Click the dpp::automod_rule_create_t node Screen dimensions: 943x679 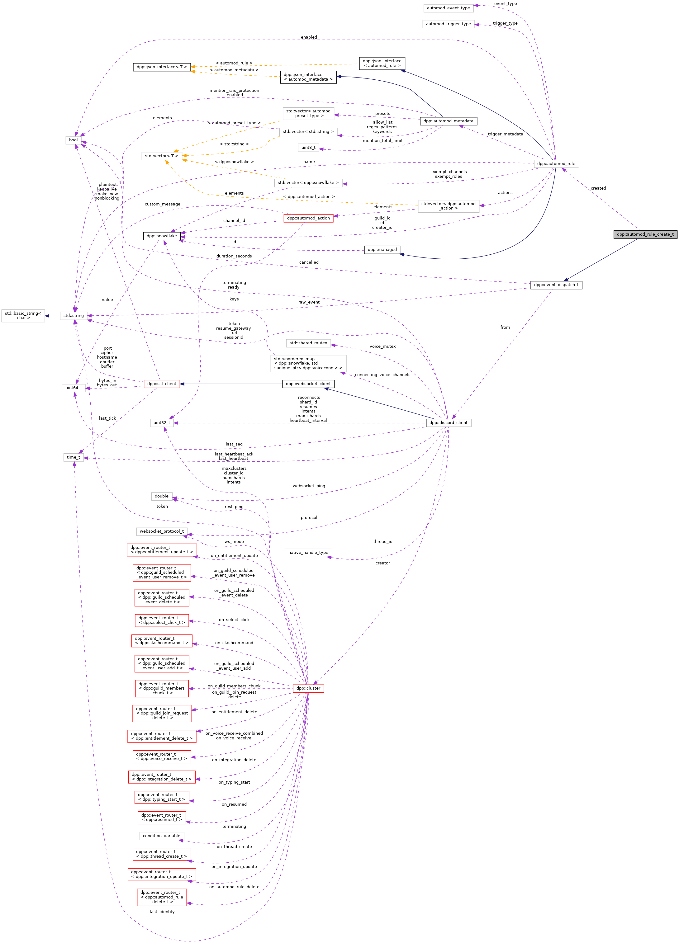pyautogui.click(x=645, y=234)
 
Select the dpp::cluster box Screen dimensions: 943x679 pyautogui.click(x=308, y=688)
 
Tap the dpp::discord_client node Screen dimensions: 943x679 pyautogui.click(x=448, y=422)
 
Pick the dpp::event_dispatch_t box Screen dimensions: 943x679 pyautogui.click(x=556, y=285)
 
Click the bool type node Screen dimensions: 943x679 pyautogui.click(x=73, y=140)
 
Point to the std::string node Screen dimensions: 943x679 pyautogui.click(x=73, y=316)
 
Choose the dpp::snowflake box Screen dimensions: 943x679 pyautogui.click(x=161, y=236)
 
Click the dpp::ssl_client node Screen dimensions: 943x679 pyautogui.click(x=161, y=384)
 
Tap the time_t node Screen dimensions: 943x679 pyautogui.click(x=73, y=457)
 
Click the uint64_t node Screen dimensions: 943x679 pyautogui.click(x=73, y=388)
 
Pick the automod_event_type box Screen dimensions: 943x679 pyautogui.click(x=448, y=8)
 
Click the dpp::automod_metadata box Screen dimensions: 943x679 pyautogui.click(x=448, y=121)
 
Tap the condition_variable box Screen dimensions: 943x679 pyautogui.click(x=161, y=836)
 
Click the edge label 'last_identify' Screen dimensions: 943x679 pyautogui.click(x=162, y=912)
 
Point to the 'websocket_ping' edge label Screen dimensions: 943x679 pyautogui.click(x=309, y=486)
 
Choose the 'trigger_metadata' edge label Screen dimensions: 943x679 pyautogui.click(x=505, y=134)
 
